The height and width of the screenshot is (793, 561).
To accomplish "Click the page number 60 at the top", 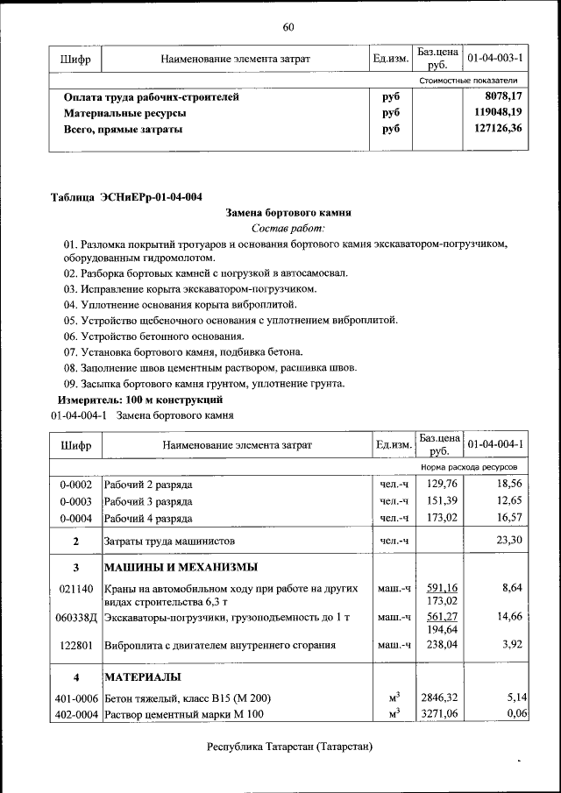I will pyautogui.click(x=288, y=25).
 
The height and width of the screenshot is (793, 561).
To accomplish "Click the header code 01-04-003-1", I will pyautogui.click(x=495, y=59).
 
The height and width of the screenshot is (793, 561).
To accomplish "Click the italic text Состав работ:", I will pyautogui.click(x=288, y=228).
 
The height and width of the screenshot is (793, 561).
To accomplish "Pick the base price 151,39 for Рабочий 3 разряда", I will pyautogui.click(x=443, y=501).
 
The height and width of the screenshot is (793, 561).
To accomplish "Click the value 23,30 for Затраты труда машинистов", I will pyautogui.click(x=508, y=541).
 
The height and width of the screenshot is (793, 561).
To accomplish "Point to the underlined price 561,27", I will pyautogui.click(x=443, y=617).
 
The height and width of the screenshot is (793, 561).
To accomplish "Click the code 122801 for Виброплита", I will pyautogui.click(x=76, y=646).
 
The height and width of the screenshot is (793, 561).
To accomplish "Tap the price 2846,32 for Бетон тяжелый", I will pyautogui.click(x=440, y=697).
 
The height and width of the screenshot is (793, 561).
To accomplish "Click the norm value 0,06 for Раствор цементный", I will pyautogui.click(x=516, y=714).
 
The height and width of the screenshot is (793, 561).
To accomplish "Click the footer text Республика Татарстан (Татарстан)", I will pyautogui.click(x=289, y=747).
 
